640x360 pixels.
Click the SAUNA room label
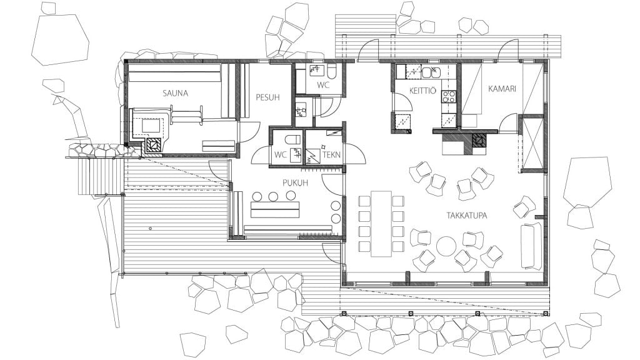(175, 93)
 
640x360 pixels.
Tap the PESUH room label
(267, 97)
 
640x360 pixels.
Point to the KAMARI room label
(502, 89)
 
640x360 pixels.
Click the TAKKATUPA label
(466, 216)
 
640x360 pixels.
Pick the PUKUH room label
(295, 183)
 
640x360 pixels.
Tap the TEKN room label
(331, 155)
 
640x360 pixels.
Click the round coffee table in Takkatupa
(446, 246)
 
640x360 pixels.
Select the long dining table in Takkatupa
(381, 224)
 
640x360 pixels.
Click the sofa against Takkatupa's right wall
(531, 246)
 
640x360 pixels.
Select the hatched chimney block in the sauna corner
(154, 144)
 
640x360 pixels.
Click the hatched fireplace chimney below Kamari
(479, 140)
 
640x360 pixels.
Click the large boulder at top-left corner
(61, 39)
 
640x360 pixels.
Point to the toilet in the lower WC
(293, 139)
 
